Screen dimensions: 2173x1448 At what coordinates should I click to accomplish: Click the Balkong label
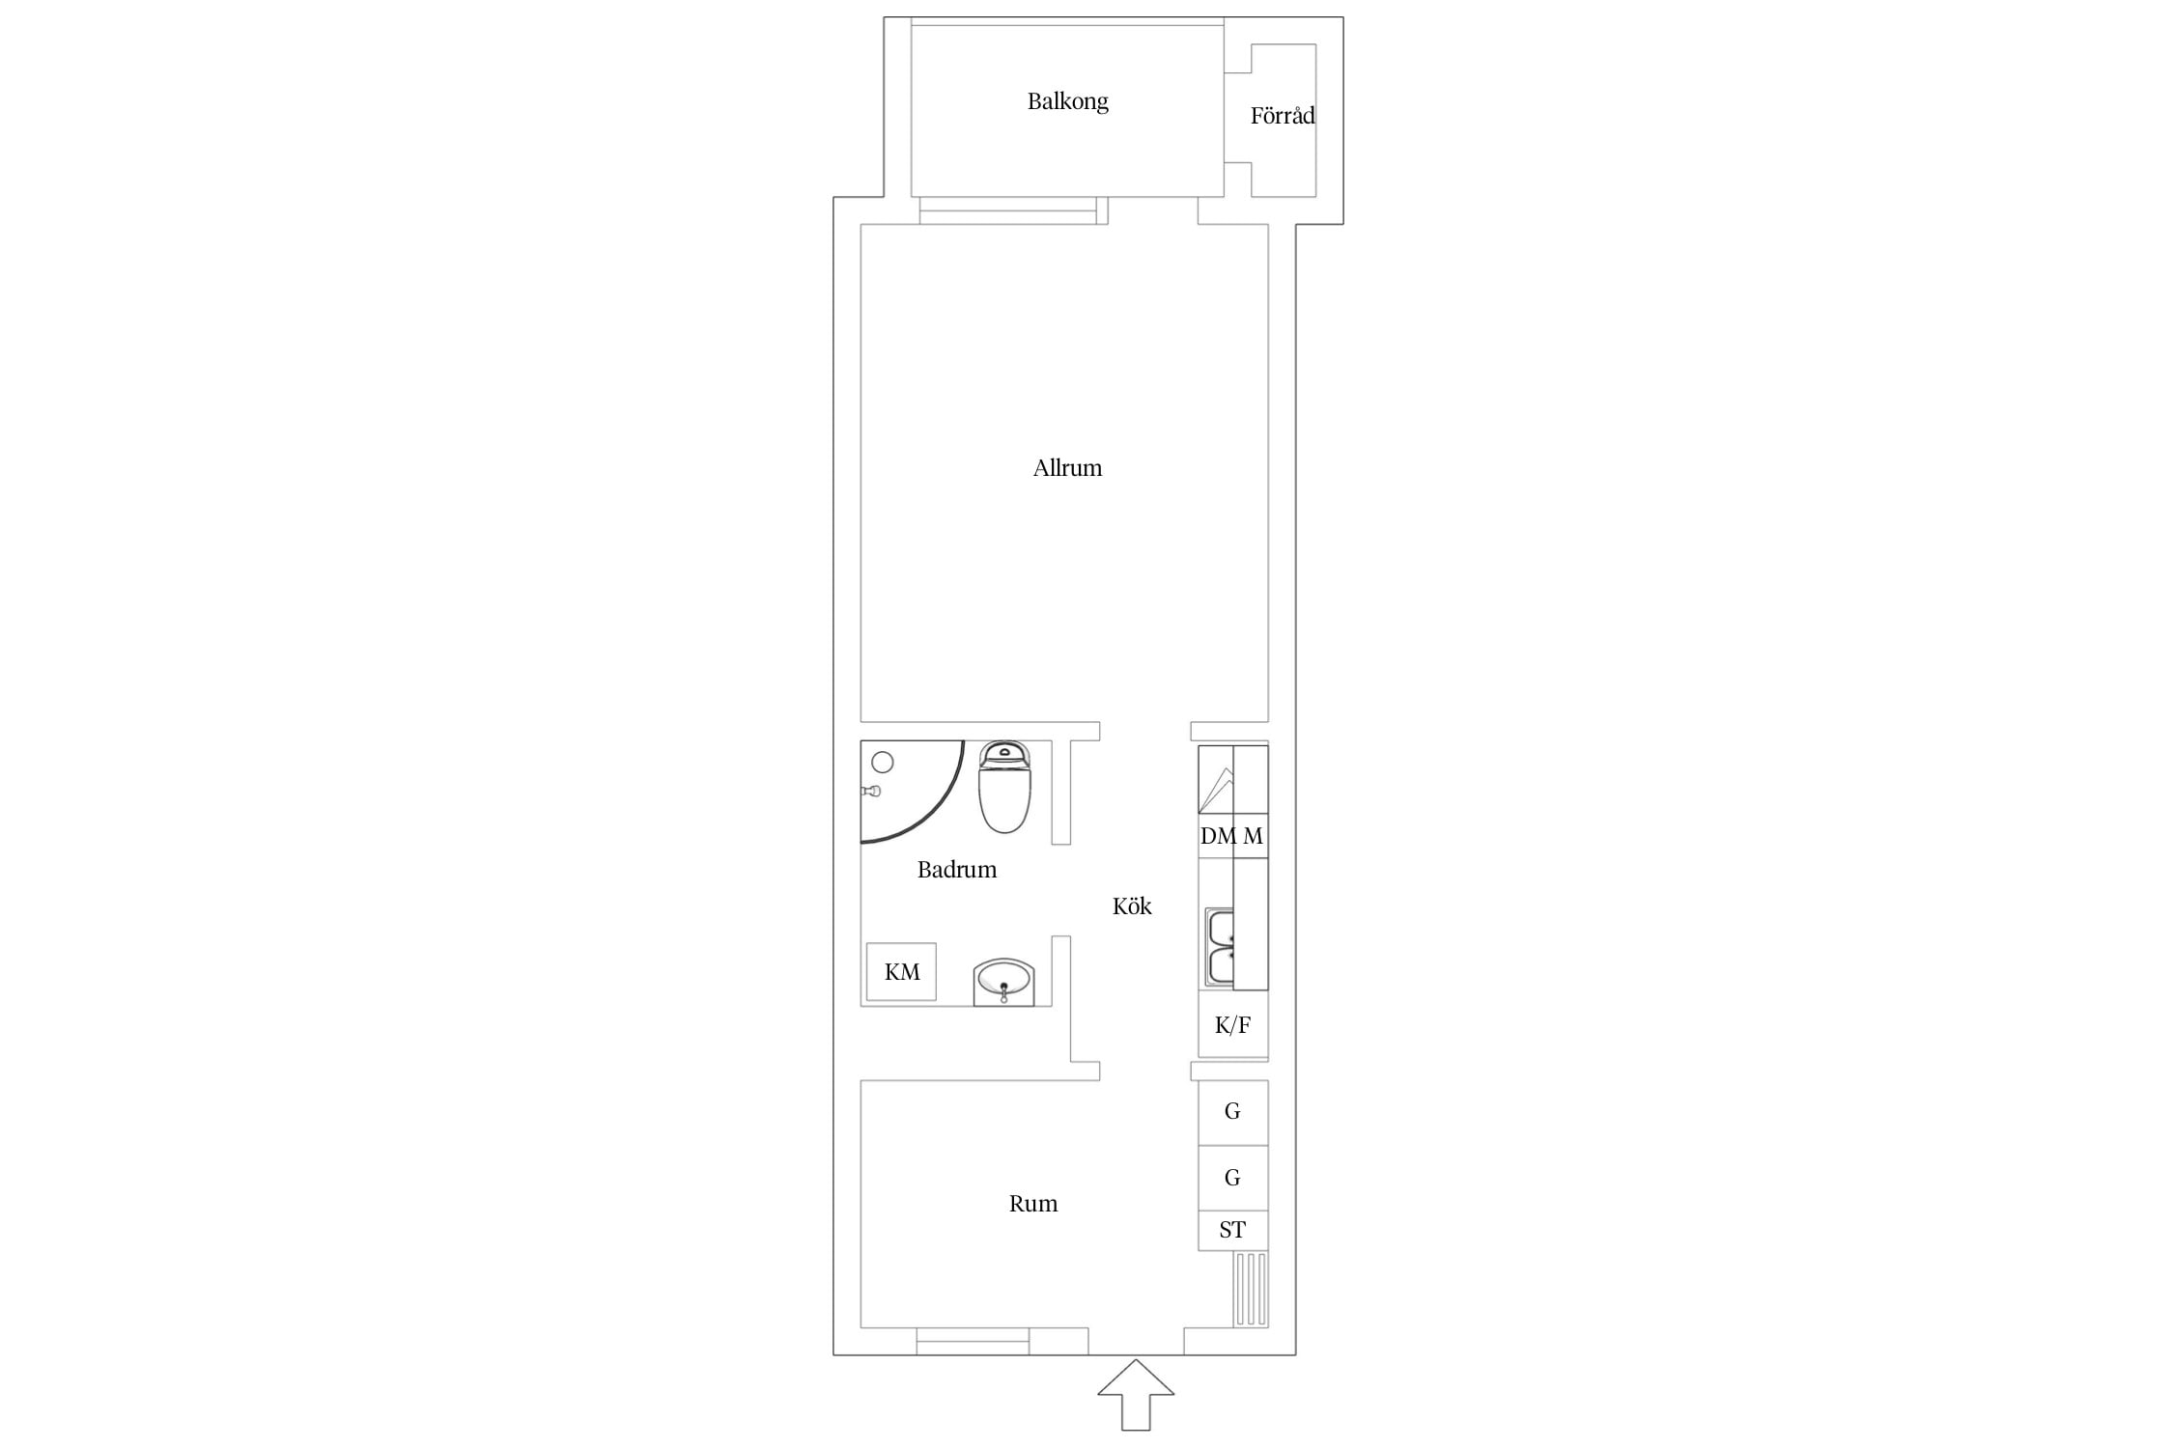tap(1067, 101)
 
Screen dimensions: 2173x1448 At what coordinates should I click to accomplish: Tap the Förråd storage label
tap(1283, 116)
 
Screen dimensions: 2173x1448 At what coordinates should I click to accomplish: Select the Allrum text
tap(1067, 468)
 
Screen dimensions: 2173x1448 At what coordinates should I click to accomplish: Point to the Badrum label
tap(956, 870)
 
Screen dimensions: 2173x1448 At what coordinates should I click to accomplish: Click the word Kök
tap(1132, 905)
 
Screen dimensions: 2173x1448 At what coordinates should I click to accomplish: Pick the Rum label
tap(1033, 1204)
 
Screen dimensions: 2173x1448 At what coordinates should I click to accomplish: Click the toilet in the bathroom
tap(1005, 787)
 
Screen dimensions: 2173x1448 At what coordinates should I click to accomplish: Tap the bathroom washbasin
tap(1003, 983)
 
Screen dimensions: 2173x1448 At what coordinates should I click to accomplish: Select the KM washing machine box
tap(901, 971)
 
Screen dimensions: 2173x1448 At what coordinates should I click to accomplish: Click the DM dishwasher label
tap(1218, 836)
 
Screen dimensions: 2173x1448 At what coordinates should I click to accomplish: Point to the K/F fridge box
tap(1233, 1024)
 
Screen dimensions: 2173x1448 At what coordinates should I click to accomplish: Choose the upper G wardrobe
tap(1233, 1112)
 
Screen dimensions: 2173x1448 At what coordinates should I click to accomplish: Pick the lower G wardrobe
tap(1233, 1178)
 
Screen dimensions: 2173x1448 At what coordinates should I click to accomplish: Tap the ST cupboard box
tap(1233, 1231)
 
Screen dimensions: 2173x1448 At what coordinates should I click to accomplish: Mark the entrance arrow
tap(1136, 1395)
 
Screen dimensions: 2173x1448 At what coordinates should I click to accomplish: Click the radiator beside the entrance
tap(1251, 1290)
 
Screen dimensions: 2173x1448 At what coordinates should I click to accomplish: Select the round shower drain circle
tap(882, 763)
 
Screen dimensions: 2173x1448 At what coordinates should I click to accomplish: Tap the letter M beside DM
tap(1253, 836)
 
